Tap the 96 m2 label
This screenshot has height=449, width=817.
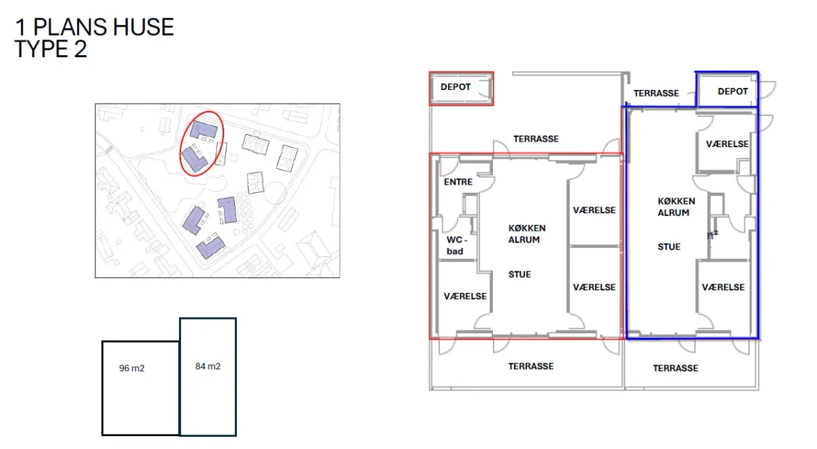tap(131, 368)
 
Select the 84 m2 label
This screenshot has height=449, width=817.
tap(208, 366)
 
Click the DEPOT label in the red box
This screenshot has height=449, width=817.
tap(455, 87)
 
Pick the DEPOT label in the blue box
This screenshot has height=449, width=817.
tap(733, 91)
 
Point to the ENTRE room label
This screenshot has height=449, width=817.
tap(458, 182)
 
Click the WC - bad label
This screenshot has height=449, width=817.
tap(456, 245)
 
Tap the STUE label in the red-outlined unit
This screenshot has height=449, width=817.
tap(519, 275)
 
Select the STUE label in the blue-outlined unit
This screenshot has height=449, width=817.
tap(669, 247)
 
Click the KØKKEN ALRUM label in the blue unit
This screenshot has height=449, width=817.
tap(676, 206)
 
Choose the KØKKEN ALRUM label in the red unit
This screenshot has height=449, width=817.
tap(527, 234)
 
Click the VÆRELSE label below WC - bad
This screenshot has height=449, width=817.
tap(465, 296)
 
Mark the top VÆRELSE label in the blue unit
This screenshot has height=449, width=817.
tap(727, 144)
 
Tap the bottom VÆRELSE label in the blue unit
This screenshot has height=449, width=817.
tap(723, 288)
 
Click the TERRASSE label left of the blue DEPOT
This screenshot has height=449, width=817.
tap(656, 93)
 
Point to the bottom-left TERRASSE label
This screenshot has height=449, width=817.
tap(531, 366)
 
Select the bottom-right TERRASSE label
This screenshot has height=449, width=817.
tap(675, 368)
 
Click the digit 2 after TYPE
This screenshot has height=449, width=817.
tap(80, 49)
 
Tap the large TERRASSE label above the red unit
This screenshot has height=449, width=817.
tap(536, 139)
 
